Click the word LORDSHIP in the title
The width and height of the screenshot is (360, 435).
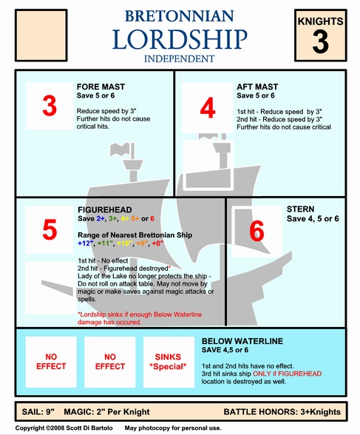pyautogui.click(x=180, y=39)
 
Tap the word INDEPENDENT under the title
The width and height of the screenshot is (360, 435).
pyautogui.click(x=180, y=59)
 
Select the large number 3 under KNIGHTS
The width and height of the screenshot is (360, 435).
pyautogui.click(x=321, y=41)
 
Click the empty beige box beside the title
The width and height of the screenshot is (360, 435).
pyautogui.click(x=41, y=36)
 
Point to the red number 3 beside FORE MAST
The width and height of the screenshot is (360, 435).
pyautogui.click(x=50, y=106)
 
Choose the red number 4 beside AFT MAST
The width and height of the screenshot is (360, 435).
pyautogui.click(x=208, y=108)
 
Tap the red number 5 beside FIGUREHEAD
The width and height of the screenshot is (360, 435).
pyautogui.click(x=50, y=229)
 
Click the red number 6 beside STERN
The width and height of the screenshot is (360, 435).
pyautogui.click(x=257, y=231)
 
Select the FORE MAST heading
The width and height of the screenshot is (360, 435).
pyautogui.click(x=101, y=87)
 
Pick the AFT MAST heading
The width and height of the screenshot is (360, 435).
pyautogui.click(x=257, y=87)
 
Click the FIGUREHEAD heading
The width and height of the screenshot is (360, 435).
pyautogui.click(x=105, y=210)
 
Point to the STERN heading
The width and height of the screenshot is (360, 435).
pyautogui.click(x=300, y=209)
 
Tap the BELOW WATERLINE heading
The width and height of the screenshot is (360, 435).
pyautogui.click(x=242, y=341)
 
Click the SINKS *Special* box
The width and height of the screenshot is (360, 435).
pyautogui.click(x=169, y=362)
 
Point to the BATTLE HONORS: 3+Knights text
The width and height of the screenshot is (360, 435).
pyautogui.click(x=282, y=411)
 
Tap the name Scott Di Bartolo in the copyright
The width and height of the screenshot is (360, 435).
pyautogui.click(x=89, y=428)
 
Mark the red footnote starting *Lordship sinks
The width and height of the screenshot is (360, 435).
pyautogui.click(x=140, y=318)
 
